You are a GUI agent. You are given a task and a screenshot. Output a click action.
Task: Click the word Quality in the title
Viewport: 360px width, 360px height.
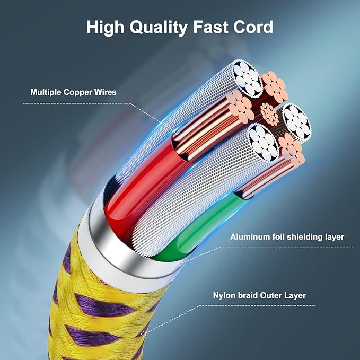click(x=159, y=28)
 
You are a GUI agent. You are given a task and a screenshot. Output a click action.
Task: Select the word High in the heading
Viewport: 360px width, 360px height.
click(x=105, y=28)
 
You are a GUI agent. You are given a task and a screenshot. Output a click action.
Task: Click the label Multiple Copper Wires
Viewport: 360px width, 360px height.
click(x=73, y=92)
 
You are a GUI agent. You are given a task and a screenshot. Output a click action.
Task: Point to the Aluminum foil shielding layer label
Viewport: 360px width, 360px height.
click(x=287, y=237)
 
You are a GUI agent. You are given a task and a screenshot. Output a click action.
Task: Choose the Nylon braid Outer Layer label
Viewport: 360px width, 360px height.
click(x=259, y=295)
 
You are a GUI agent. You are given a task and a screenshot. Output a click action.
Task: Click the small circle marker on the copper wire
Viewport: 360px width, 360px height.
click(x=177, y=132)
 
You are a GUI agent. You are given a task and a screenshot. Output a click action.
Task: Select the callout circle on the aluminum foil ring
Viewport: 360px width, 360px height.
click(x=181, y=263)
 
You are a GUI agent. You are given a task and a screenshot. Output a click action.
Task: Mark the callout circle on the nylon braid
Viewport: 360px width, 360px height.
click(x=144, y=333)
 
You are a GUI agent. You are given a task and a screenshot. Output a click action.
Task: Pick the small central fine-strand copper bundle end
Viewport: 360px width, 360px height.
click(x=269, y=114)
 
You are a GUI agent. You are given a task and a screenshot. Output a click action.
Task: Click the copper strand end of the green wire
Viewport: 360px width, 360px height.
click(x=292, y=149)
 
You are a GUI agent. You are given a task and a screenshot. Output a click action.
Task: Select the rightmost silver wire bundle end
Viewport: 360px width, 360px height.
click(x=297, y=122)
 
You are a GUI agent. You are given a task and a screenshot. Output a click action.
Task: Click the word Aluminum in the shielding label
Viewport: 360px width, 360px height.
click(x=250, y=237)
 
